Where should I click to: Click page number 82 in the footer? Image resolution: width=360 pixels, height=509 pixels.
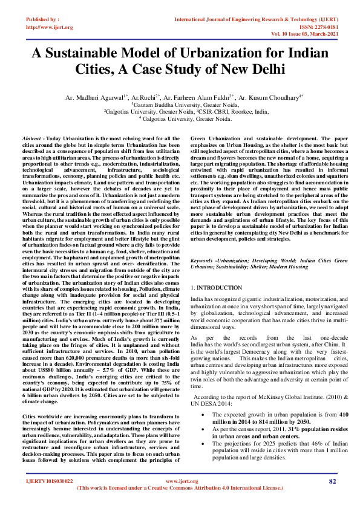click(x=332, y=498)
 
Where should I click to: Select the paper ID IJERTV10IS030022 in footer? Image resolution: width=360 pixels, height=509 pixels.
click(x=48, y=498)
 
